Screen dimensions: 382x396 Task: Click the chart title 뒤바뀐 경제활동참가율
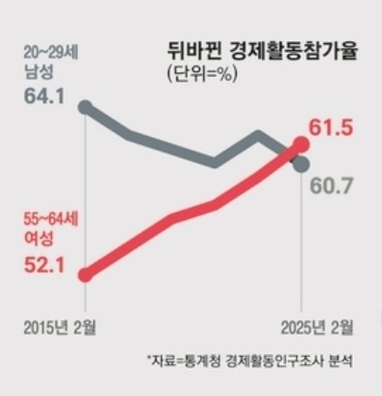point(262,52)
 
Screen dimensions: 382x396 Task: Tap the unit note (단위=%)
point(202,74)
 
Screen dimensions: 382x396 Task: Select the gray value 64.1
point(44,96)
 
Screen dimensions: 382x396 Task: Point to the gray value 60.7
point(332,186)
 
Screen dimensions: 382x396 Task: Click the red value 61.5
point(331,127)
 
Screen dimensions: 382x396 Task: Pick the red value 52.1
point(44,266)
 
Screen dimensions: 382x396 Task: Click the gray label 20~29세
point(51,53)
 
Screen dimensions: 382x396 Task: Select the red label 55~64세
point(51,220)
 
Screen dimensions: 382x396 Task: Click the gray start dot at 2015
point(86,108)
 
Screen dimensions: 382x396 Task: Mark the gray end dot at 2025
point(302,164)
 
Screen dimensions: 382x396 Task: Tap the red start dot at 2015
point(86,276)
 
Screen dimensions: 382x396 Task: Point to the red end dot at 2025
point(302,144)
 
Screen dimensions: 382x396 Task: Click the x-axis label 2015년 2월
point(59,327)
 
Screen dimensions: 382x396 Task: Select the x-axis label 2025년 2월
point(317,327)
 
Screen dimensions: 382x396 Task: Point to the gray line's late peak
point(259,136)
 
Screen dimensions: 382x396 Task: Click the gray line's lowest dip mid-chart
point(215,162)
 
